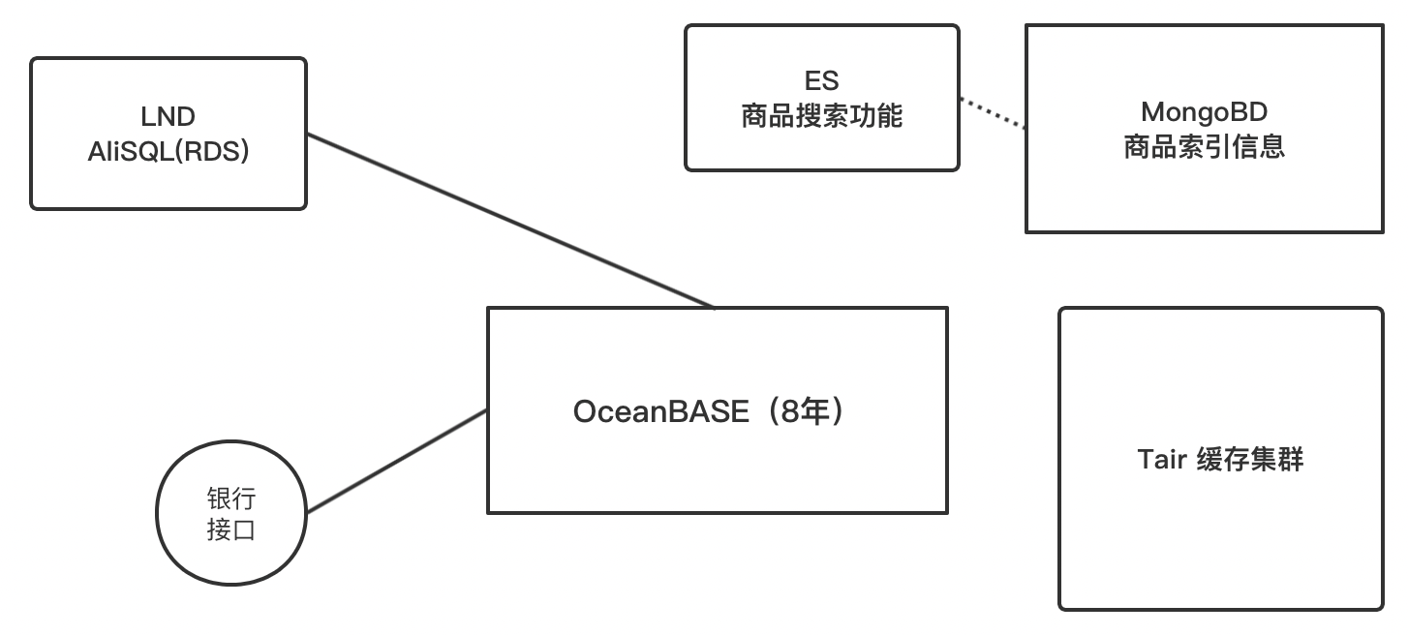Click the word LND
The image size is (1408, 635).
click(168, 117)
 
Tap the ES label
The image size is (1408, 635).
click(821, 81)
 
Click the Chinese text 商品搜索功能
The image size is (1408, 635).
click(821, 116)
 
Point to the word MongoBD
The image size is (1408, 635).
click(1204, 112)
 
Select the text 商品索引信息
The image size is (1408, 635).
click(1204, 147)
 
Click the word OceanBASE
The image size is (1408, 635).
click(660, 412)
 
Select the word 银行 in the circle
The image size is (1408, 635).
click(231, 499)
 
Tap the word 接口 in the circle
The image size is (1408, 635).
click(231, 529)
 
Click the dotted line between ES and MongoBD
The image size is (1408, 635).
click(993, 112)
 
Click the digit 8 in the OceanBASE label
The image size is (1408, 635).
click(790, 412)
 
